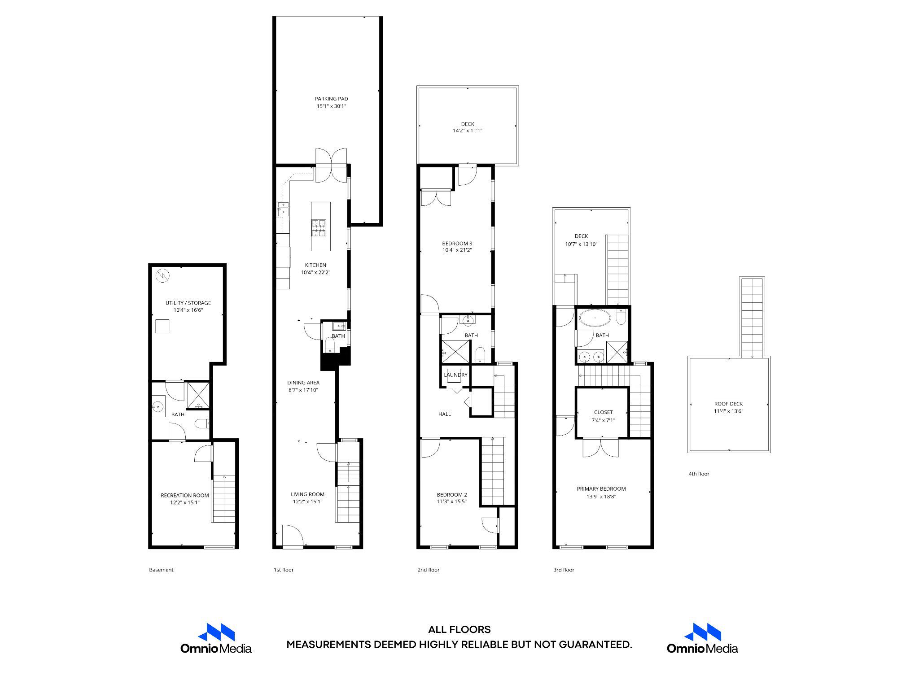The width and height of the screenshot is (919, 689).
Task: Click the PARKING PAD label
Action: point(331,99)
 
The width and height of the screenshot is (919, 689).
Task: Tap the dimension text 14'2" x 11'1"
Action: point(467,131)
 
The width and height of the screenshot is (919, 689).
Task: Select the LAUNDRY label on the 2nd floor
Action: point(455,375)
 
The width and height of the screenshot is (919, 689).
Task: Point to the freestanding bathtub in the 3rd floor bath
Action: point(595,319)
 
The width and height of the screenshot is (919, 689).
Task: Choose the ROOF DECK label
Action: point(728,404)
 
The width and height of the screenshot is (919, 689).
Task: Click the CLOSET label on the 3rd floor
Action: point(603,412)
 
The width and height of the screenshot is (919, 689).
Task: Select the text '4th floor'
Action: point(699,474)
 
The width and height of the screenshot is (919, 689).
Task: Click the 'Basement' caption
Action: point(161,570)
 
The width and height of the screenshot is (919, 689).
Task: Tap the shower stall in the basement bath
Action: point(198,395)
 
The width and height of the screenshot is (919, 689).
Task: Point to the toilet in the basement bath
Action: point(201,423)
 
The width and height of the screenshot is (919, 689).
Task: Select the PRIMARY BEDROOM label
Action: point(601,489)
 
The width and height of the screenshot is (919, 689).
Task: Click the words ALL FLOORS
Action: point(459,630)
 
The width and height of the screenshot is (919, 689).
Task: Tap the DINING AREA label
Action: point(303,383)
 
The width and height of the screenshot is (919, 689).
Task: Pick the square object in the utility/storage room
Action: point(162,326)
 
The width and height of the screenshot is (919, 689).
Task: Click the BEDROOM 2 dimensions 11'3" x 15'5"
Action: point(452,501)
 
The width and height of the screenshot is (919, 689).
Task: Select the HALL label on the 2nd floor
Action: point(444,414)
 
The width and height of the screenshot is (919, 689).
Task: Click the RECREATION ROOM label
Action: point(184,495)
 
